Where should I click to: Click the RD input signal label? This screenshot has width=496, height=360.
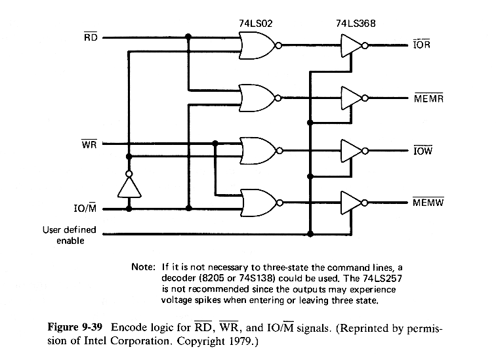91,37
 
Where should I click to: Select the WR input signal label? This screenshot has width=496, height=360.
90,144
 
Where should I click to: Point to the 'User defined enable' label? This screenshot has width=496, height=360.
69,235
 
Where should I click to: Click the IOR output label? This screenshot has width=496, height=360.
422,47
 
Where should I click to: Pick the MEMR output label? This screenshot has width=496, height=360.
427,99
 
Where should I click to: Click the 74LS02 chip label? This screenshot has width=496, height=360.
257,23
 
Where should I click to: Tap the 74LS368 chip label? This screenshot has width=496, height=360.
351,23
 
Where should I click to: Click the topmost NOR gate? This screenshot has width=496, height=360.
257,46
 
